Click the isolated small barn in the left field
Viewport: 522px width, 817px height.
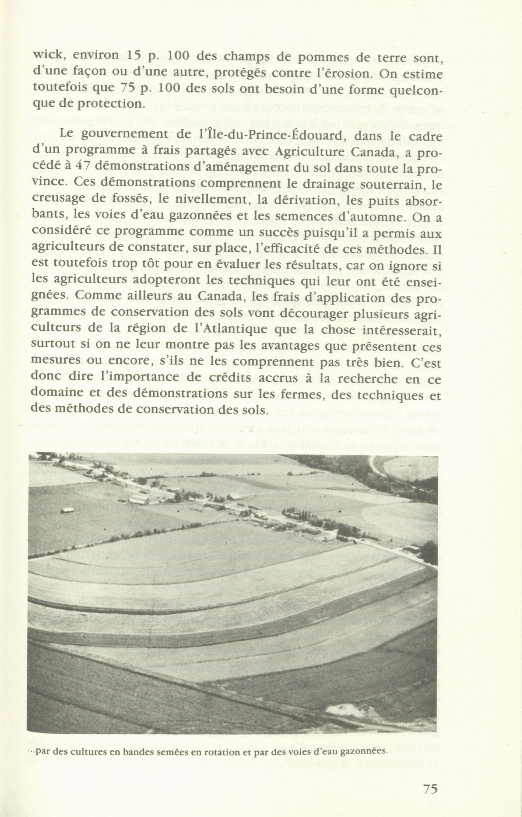tap(67, 511)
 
